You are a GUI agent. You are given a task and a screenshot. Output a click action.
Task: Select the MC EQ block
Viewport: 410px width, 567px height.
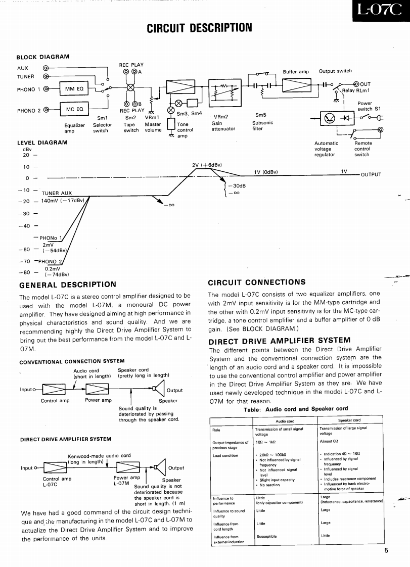tap(74, 109)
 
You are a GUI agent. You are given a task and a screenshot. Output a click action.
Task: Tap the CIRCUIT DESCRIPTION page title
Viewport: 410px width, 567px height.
tap(199, 27)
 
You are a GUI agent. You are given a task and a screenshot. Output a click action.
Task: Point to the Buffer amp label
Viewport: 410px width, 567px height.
tap(296, 72)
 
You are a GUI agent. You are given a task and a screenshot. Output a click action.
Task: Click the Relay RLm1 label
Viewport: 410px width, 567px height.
tap(356, 90)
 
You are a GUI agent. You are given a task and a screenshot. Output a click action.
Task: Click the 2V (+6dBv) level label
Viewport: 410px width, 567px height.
tap(207, 165)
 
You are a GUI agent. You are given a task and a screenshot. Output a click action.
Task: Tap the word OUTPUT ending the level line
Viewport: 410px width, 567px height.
tap(371, 175)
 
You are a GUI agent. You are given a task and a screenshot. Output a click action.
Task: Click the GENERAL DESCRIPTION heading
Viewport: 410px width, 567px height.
tap(68, 285)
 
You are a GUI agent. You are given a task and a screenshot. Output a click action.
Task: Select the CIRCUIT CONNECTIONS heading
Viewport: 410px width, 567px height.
tap(257, 282)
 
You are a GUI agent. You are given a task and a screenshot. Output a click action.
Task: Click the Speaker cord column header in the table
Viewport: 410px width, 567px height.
tap(349, 420)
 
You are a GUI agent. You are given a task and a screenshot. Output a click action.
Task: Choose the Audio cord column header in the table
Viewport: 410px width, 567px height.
tap(285, 420)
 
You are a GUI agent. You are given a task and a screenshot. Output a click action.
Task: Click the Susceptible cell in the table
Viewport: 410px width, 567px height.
tap(267, 537)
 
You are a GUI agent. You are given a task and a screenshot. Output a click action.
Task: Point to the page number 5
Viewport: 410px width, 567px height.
tap(386, 551)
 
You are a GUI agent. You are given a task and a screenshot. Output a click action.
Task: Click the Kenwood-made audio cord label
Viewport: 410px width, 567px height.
tap(99, 456)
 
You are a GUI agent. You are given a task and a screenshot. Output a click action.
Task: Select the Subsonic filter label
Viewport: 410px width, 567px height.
tap(262, 125)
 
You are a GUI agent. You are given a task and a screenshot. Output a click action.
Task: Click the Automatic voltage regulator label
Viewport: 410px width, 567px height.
tap(326, 149)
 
